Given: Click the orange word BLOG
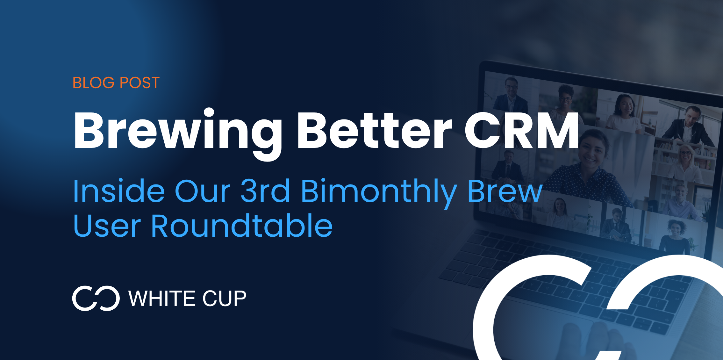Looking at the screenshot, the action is click(93, 83).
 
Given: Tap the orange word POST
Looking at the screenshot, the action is click(140, 83).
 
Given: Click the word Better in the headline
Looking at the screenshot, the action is click(374, 131).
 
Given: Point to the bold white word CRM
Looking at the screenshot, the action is click(521, 131).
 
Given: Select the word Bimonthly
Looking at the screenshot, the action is click(379, 193).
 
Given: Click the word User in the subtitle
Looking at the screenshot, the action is click(107, 226).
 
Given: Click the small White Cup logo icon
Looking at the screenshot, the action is click(96, 298).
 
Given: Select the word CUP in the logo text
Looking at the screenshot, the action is click(224, 299).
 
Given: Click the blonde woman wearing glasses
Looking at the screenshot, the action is click(685, 162).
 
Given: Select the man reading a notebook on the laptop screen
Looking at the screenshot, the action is click(616, 226).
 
